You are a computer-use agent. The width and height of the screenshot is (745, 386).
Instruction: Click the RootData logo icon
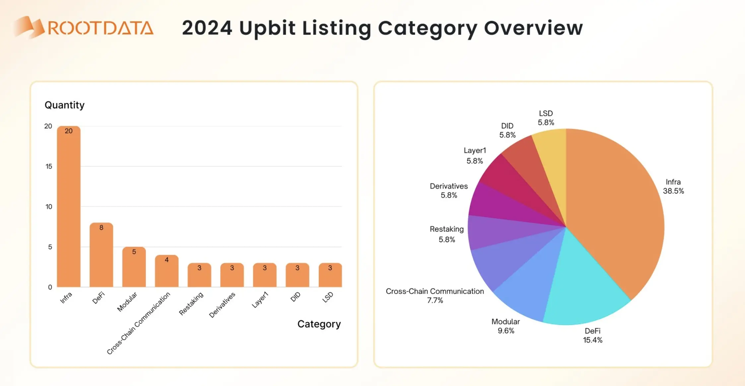tap(29, 27)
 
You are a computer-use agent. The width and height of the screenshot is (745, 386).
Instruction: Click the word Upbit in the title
tap(267, 28)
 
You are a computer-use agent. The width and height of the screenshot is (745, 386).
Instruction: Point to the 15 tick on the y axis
tap(49, 166)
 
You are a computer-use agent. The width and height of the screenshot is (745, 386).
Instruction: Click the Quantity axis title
tap(65, 105)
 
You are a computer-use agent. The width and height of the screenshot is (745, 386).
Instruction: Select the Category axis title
tap(319, 324)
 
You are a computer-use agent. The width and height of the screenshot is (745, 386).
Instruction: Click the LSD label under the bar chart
tap(328, 297)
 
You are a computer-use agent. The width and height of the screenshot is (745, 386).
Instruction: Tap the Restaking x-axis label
tap(191, 303)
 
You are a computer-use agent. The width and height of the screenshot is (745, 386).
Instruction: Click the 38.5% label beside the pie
tap(673, 191)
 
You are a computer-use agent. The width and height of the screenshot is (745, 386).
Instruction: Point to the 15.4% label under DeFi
tap(592, 340)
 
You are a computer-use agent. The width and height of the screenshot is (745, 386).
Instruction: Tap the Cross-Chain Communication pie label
tap(435, 291)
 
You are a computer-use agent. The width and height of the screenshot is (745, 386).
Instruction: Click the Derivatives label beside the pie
tap(449, 186)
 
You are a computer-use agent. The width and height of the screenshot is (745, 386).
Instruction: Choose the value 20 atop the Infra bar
tap(69, 131)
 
